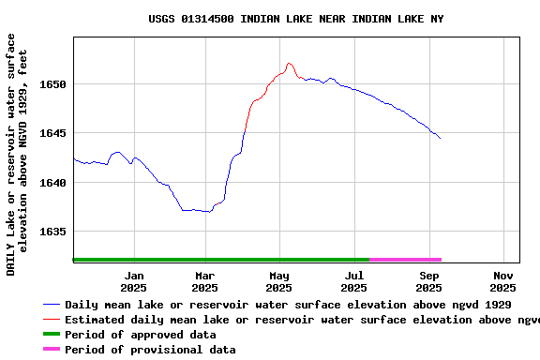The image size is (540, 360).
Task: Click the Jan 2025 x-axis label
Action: tap(133, 281)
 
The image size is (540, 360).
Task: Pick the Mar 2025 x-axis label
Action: tap(205, 281)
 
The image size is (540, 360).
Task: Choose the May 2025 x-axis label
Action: tap(279, 281)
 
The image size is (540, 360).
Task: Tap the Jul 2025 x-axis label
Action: tap(354, 281)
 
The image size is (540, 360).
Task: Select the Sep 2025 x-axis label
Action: tap(429, 281)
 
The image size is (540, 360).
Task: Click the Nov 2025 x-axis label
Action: tap(503, 281)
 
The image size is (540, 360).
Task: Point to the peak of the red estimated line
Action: tap(289, 63)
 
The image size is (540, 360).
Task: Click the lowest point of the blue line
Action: tap(209, 212)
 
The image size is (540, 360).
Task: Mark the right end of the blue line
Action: tap(440, 138)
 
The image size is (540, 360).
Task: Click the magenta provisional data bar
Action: tap(405, 260)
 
